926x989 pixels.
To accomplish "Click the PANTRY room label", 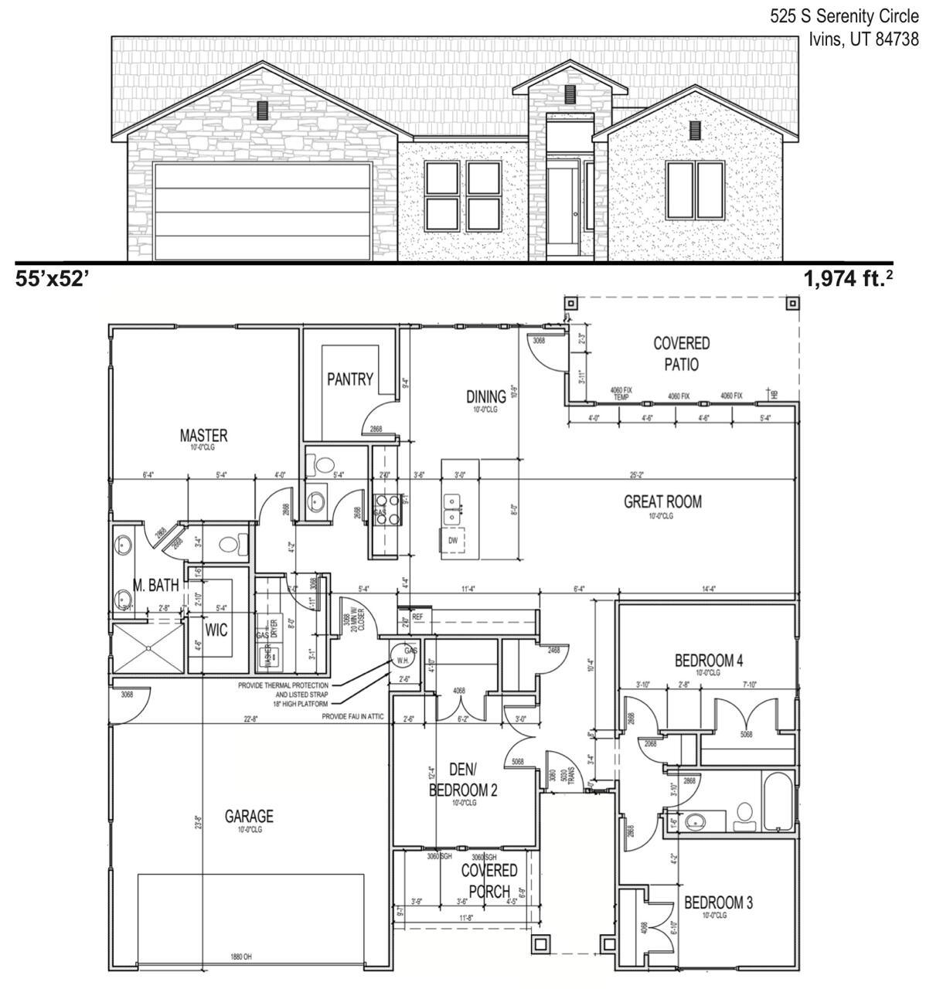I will pos(349,379).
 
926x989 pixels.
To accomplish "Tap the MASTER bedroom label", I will pos(203,436).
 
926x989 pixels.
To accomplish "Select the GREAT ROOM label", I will pos(662,502).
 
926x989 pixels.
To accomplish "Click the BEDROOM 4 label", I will pos(708,661).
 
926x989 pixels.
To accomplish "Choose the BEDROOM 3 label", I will pos(718,902).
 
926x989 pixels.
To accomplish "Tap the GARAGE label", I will pos(249,816).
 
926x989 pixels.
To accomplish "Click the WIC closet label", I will pos(216,630).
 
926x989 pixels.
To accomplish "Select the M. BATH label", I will pos(155,586).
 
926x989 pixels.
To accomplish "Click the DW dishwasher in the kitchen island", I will pos(452,540).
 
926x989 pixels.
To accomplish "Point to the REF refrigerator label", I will pos(417,617).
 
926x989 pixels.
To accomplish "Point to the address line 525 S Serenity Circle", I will pos(844,17).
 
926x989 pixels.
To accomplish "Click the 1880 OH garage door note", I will pos(240,957).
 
